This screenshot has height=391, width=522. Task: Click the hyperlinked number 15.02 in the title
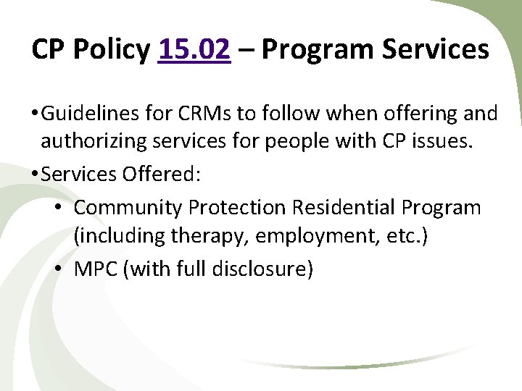[194, 49]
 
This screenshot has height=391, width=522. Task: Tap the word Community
[128, 208]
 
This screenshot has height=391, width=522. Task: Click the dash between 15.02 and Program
[246, 51]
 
